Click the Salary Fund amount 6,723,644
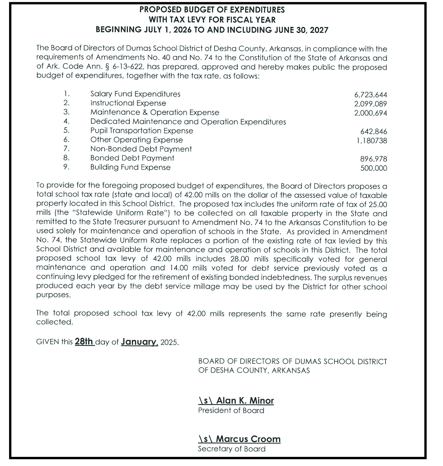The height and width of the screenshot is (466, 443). coord(370,95)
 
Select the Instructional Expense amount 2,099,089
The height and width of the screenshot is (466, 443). coord(370,104)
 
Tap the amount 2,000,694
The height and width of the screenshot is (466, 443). coord(370,113)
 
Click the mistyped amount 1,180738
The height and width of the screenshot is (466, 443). coord(372,141)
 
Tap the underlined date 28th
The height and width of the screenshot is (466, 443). coord(84,342)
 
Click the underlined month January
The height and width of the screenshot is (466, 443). coord(139,342)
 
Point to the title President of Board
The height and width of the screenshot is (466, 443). coord(231,410)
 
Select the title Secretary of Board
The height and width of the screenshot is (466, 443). coord(232,449)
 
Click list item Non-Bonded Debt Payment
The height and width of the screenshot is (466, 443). coord(141,149)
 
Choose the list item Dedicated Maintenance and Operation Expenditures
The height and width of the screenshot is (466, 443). coord(188,122)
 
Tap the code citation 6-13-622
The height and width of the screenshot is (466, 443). coord(128,67)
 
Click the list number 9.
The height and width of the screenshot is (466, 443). coord(66,167)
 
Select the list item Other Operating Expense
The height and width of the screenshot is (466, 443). coord(136,140)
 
